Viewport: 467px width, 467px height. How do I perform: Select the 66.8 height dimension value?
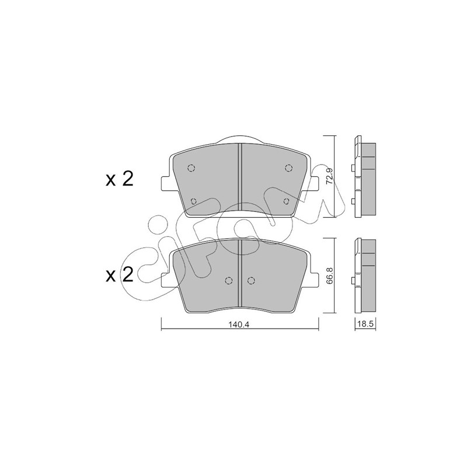329,276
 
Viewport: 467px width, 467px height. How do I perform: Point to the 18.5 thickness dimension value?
365,324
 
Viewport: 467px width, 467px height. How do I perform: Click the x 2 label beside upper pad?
120,180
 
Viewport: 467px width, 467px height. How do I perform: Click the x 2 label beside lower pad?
120,275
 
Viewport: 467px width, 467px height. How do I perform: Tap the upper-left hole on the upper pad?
191,168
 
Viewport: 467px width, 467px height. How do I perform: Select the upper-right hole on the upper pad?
288,168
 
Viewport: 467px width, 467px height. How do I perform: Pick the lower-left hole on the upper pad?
194,201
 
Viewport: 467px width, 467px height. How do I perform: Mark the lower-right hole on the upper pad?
287,201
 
